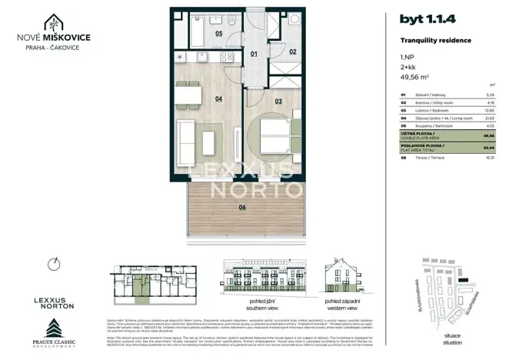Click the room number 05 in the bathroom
(x=219, y=34)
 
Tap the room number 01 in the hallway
(x=255, y=55)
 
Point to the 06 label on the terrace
(x=242, y=207)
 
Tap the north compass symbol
(x=52, y=265)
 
